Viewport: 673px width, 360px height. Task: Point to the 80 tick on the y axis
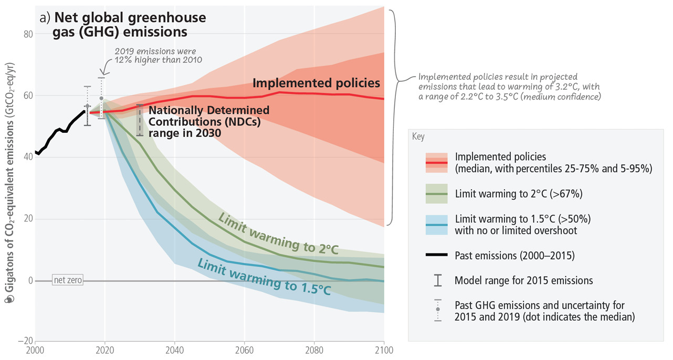[27, 34]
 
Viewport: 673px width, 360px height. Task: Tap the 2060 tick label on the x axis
[244, 348]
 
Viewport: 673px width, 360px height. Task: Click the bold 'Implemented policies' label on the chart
[316, 83]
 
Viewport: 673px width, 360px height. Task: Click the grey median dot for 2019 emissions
[101, 98]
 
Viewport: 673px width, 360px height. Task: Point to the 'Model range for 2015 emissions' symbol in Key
[437, 281]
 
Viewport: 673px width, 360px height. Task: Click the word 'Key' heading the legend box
[418, 137]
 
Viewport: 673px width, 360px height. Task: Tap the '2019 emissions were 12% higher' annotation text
[156, 56]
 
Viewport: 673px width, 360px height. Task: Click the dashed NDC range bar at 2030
[139, 120]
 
